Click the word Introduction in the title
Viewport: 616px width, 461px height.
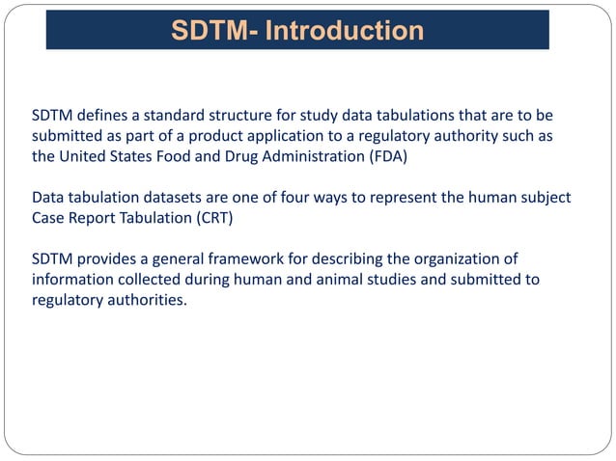344,31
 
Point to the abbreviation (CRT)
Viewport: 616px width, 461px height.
212,217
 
